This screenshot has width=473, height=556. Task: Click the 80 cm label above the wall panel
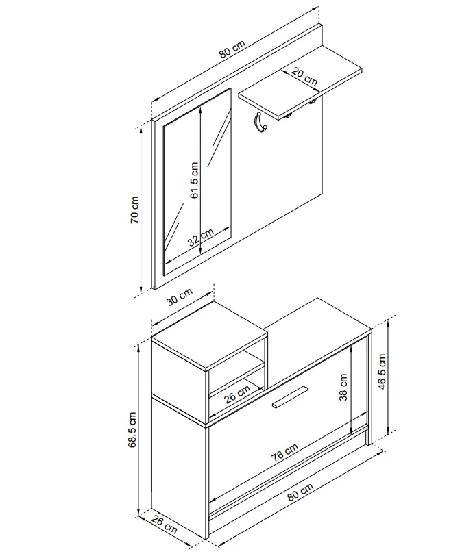[x=232, y=49]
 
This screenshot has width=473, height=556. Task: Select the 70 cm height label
[x=134, y=210]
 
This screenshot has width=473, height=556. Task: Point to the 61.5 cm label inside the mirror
[x=194, y=180]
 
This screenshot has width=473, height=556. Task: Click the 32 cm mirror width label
[x=201, y=236]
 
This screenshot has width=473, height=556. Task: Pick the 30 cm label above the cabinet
[x=180, y=296]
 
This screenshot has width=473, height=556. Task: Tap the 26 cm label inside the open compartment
[x=237, y=394]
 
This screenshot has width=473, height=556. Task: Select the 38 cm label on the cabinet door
[x=343, y=388]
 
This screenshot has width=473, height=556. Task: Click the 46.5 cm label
[x=382, y=371]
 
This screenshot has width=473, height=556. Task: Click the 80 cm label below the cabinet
[x=300, y=492]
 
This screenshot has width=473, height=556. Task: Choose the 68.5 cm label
[x=133, y=430]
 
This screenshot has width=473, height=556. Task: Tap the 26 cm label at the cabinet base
[x=164, y=525]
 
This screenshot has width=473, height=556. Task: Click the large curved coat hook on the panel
[x=259, y=123]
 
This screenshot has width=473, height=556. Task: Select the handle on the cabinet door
[x=289, y=396]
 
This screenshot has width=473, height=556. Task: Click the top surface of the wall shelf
[x=300, y=82]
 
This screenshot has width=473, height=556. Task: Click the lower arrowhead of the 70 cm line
[x=142, y=290]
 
